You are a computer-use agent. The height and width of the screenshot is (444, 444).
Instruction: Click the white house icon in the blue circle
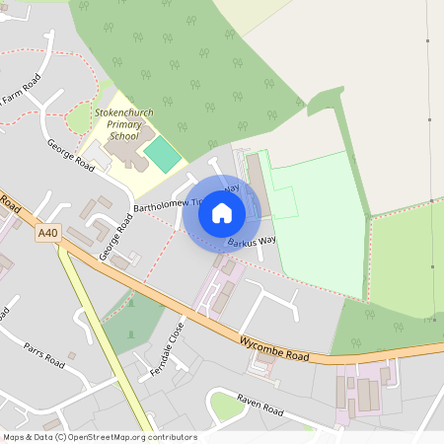(222, 213)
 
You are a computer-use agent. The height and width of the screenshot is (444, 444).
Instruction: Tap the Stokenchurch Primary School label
(124, 126)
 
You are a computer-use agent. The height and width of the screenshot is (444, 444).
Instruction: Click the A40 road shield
(47, 234)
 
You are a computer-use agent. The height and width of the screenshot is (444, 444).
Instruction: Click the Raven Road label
(259, 405)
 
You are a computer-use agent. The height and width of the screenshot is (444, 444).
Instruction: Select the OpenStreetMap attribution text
(100, 437)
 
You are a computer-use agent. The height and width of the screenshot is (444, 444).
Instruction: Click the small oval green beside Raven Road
(225, 406)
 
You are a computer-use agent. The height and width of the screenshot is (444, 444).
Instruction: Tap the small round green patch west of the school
(79, 119)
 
